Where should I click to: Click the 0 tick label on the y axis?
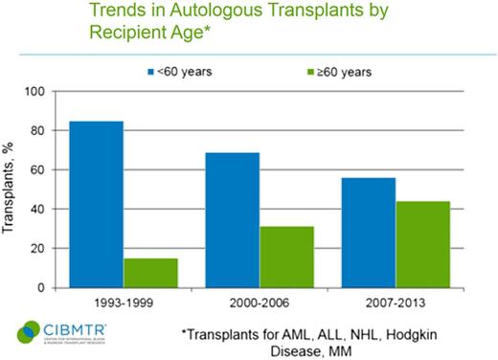(x=43, y=287)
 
